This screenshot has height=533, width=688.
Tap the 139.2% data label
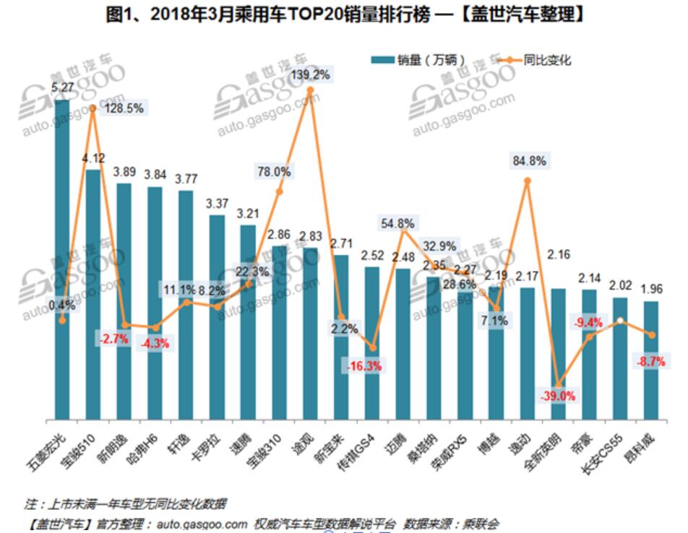(310, 74)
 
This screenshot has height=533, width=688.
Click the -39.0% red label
(557, 396)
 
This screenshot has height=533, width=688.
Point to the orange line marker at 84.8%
(528, 181)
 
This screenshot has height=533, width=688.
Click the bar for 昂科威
(651, 360)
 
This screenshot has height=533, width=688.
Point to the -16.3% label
(364, 366)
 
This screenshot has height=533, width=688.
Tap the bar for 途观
(310, 333)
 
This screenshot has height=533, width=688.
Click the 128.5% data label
(124, 108)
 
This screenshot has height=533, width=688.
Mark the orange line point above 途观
(310, 90)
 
